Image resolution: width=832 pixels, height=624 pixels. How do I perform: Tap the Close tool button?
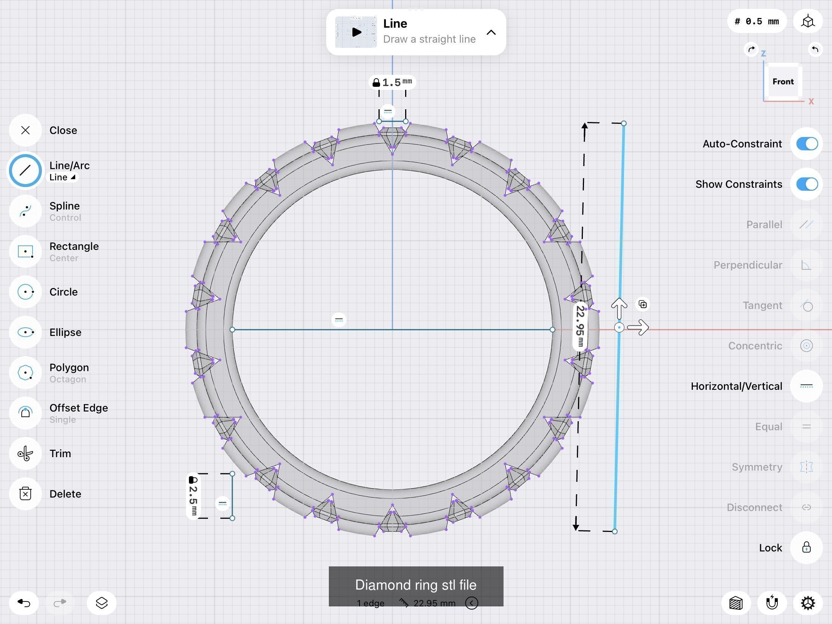[25, 130]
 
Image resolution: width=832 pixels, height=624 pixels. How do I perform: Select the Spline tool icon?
[25, 211]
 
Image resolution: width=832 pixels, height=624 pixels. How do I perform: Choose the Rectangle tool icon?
[25, 251]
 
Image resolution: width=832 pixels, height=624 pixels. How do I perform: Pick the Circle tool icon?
[25, 292]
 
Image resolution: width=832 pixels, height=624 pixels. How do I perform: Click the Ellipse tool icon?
[25, 332]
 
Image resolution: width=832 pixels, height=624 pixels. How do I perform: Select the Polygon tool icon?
[25, 373]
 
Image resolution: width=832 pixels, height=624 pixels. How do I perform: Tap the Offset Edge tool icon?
[25, 413]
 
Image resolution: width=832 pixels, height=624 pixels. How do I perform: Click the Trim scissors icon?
[25, 453]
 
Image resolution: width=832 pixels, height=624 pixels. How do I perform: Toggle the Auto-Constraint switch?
[807, 144]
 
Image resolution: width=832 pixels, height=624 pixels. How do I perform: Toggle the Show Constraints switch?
[807, 184]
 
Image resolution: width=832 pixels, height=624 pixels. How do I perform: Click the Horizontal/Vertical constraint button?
[806, 386]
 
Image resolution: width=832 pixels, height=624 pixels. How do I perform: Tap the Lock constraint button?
[806, 547]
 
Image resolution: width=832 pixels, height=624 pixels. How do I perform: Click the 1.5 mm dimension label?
[392, 82]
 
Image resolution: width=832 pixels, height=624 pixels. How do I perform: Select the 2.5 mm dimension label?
[193, 496]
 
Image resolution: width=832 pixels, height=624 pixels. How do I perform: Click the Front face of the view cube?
[783, 82]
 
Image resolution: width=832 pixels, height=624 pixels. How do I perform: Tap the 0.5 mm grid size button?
[757, 21]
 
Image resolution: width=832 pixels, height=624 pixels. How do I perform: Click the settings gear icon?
[808, 603]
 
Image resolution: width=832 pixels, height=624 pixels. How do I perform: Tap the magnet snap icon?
[772, 603]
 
